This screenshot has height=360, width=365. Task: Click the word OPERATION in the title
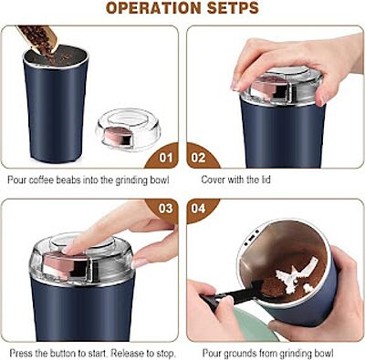[151, 9]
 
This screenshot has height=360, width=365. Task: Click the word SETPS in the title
[229, 9]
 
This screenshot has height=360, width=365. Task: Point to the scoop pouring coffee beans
[38, 36]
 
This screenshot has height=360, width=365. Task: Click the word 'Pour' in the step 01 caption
[16, 180]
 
